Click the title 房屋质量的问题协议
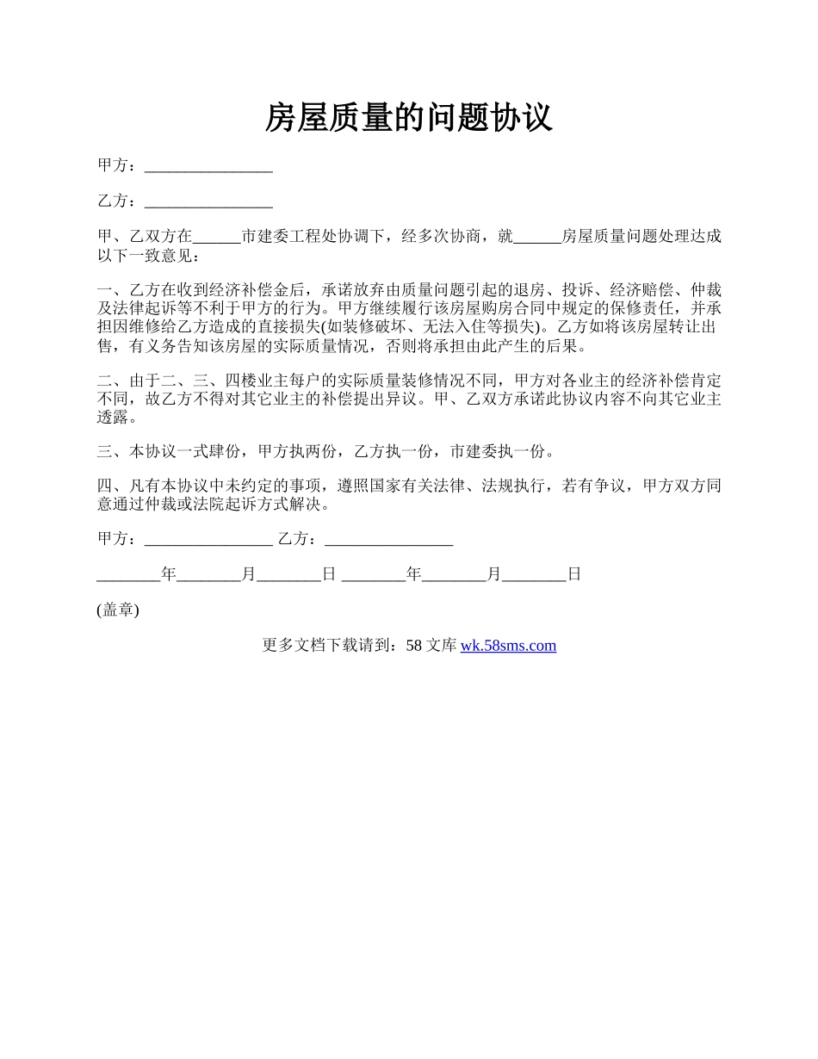coord(408,118)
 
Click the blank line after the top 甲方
coord(208,166)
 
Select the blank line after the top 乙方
coord(208,201)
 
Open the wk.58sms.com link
coord(508,645)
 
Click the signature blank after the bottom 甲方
coord(208,540)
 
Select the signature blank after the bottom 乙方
coord(389,540)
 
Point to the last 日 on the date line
coord(574,574)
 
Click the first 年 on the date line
coord(169,574)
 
